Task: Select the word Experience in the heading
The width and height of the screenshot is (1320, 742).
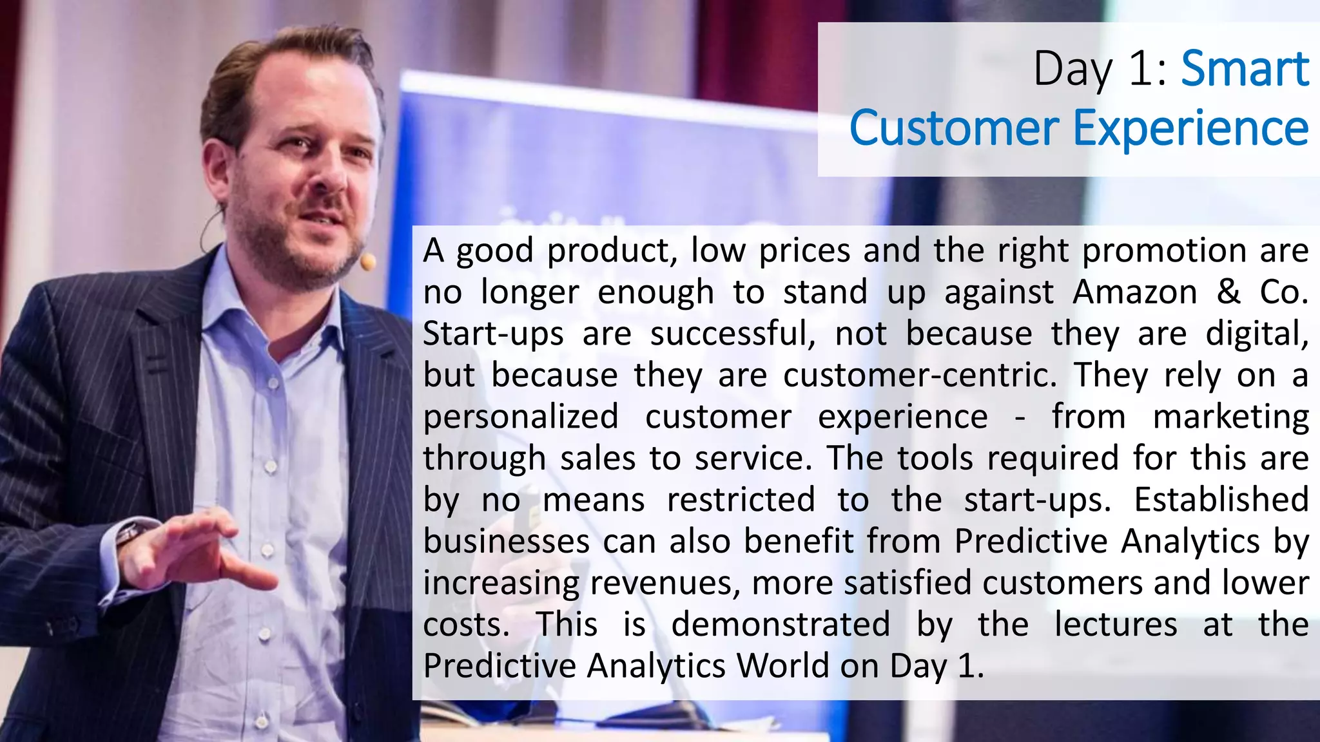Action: point(1190,129)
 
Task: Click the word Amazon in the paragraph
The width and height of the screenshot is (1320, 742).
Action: point(1135,292)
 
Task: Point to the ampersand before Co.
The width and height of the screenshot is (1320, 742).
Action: point(1228,292)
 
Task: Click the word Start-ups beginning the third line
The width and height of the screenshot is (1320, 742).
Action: point(493,334)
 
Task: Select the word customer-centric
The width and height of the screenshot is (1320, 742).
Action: point(920,375)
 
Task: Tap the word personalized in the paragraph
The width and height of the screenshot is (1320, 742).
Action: point(521,417)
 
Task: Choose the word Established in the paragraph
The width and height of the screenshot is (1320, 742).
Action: point(1221,499)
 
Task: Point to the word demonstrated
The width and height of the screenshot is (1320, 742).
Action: point(781,624)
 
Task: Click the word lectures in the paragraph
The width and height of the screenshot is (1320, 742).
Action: point(1116,624)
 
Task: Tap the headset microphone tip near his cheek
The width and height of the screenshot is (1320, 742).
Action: point(367,261)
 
